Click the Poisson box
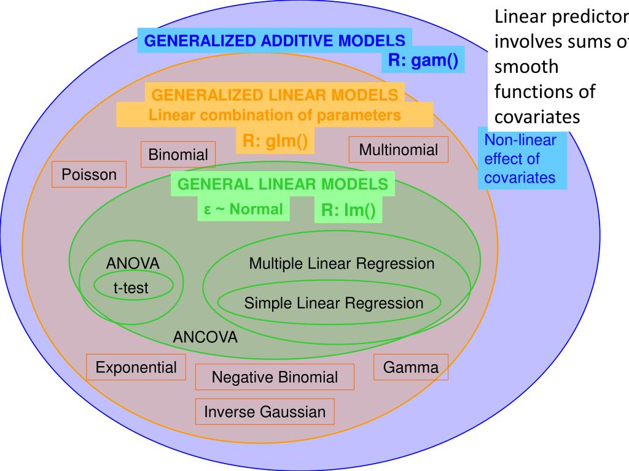point(89,175)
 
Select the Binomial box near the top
point(178,155)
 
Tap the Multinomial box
point(399,150)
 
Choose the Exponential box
point(136,367)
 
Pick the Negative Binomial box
point(275,377)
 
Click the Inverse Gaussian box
point(265,412)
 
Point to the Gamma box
point(411,367)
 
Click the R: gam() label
point(423,61)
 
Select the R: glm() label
point(275,140)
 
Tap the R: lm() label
point(348,210)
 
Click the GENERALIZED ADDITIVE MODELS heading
point(274,41)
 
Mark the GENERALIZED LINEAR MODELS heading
point(275,95)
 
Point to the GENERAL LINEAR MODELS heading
point(283,184)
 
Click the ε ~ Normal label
point(243,209)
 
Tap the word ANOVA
point(133,264)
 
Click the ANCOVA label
point(205,337)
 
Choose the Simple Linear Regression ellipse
point(334,303)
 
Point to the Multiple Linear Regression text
point(342,264)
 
